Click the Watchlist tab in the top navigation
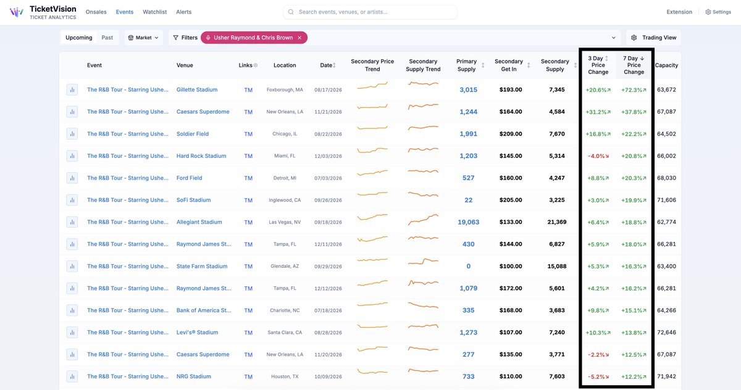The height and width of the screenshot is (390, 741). click(x=154, y=12)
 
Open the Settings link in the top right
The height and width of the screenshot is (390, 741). click(x=718, y=12)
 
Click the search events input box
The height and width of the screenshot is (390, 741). click(x=370, y=12)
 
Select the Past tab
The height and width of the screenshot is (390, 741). click(x=107, y=38)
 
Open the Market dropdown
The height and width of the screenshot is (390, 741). click(x=143, y=38)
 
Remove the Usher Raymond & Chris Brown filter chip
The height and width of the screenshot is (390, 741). click(x=299, y=38)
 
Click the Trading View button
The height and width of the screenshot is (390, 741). click(x=653, y=38)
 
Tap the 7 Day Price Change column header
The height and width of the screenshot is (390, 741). click(x=634, y=65)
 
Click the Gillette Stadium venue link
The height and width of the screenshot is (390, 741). click(x=197, y=89)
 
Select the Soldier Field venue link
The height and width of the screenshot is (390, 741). click(x=193, y=134)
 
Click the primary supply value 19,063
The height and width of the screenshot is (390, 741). click(x=469, y=222)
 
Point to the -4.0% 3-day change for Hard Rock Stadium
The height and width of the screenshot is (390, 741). click(x=598, y=156)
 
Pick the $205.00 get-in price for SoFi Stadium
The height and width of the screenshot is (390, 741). click(x=511, y=200)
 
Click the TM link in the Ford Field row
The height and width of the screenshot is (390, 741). click(x=248, y=178)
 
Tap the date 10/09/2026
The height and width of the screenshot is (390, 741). click(x=328, y=376)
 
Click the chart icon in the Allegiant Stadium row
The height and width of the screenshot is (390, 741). click(x=72, y=222)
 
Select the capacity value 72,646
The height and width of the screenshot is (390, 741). click(x=666, y=333)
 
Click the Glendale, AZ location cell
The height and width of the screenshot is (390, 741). click(x=285, y=266)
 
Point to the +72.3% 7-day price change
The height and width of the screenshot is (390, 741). click(x=634, y=90)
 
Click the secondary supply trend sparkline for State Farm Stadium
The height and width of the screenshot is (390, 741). click(x=423, y=262)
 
